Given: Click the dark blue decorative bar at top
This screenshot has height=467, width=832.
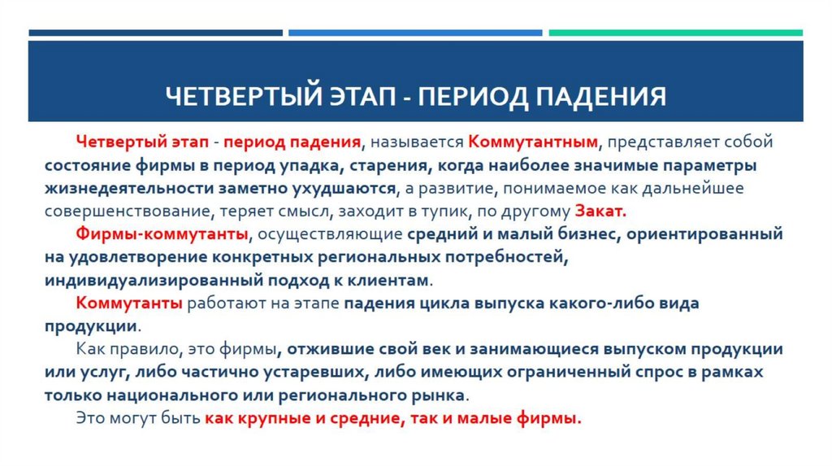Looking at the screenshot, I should coord(155,33).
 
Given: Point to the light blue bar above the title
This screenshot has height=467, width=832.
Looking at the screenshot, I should coord(414,33).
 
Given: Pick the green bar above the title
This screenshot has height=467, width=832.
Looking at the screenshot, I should coord(675,33).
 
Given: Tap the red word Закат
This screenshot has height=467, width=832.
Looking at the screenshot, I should coord(600,211).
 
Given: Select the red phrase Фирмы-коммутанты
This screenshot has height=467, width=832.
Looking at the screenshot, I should coord(162,234).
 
